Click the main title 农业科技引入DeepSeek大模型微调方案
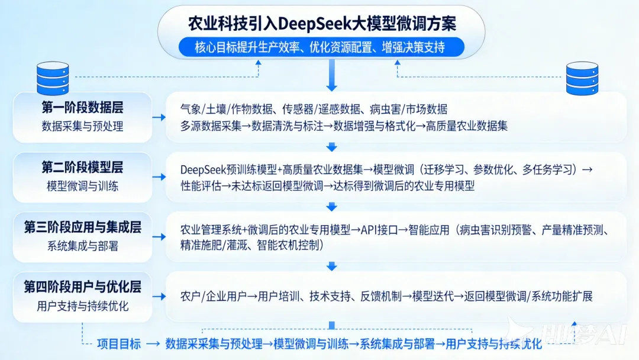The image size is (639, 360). click(x=322, y=24)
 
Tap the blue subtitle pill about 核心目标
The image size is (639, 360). click(x=322, y=47)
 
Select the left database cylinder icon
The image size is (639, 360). click(x=53, y=78)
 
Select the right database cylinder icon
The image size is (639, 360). click(x=582, y=78)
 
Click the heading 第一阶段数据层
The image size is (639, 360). click(x=82, y=108)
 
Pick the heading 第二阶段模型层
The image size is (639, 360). click(x=82, y=168)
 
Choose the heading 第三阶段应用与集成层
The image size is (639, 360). click(x=82, y=228)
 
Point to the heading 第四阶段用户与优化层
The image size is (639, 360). click(x=82, y=288)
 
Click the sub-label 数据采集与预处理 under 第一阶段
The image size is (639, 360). click(x=82, y=126)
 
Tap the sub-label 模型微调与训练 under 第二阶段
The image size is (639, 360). click(x=82, y=186)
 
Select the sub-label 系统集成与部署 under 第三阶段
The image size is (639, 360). click(x=82, y=246)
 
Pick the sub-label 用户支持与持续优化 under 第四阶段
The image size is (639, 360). click(x=82, y=306)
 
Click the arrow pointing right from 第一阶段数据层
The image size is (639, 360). click(x=159, y=117)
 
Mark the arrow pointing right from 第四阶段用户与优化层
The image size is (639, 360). click(x=159, y=297)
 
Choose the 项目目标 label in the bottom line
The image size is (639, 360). click(x=119, y=344)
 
